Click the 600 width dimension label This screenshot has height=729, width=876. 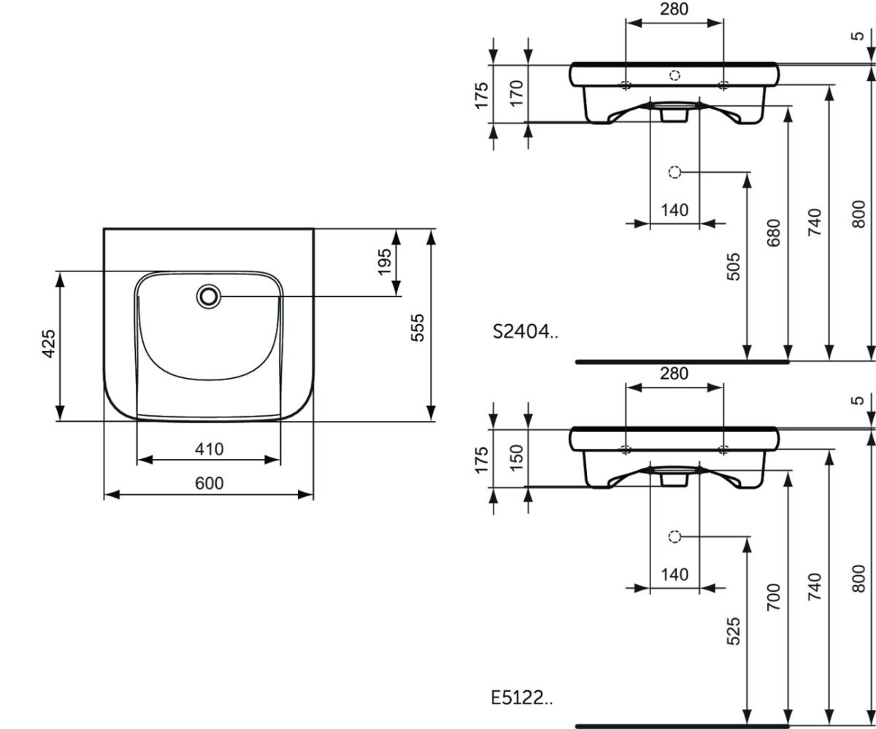[x=209, y=483]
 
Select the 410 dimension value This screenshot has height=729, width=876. [x=209, y=450]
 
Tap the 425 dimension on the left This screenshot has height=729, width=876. [x=49, y=344]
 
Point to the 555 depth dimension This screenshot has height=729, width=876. [x=418, y=328]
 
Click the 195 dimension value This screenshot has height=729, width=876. [x=384, y=262]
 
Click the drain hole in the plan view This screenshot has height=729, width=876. [x=209, y=296]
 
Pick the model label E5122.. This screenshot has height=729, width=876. [x=522, y=698]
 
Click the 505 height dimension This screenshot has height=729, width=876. [x=733, y=266]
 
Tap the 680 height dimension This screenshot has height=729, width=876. [x=773, y=233]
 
